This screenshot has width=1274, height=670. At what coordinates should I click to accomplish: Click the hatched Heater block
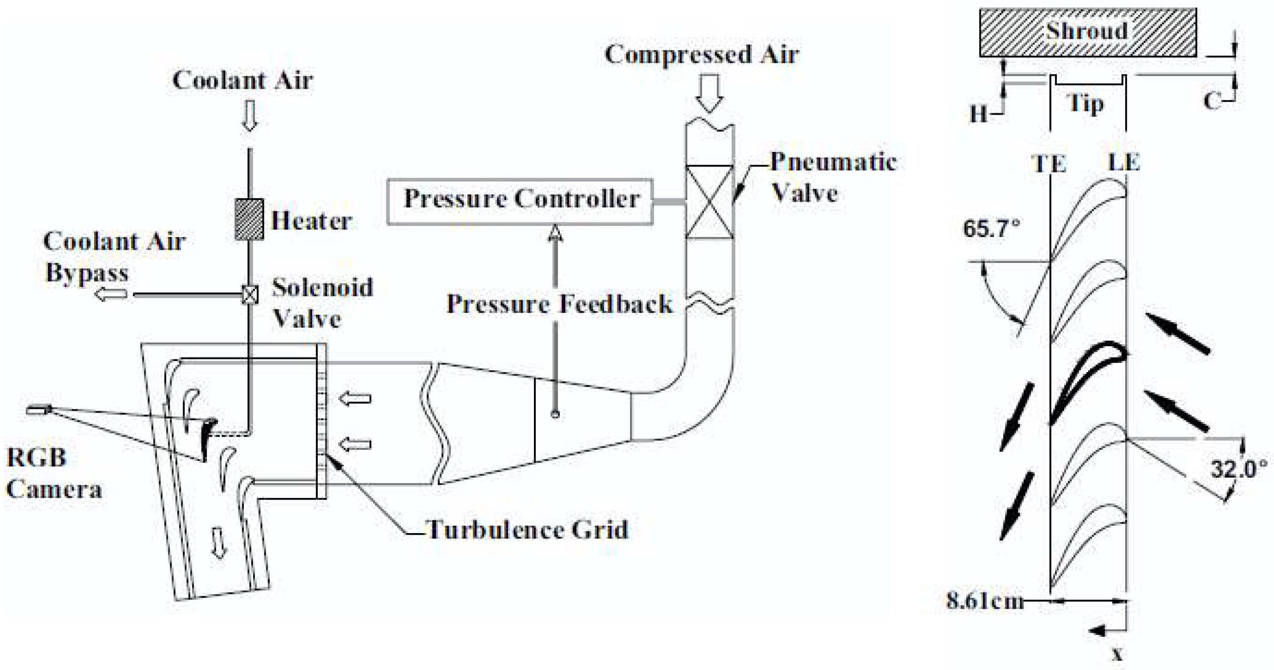(249, 219)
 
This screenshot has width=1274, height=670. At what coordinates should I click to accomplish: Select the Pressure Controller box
(520, 202)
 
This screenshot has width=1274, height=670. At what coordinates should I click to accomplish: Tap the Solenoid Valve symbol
(250, 295)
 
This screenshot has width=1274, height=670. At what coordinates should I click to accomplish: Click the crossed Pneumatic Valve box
(710, 202)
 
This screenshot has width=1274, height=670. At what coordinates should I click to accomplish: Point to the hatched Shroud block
(1087, 33)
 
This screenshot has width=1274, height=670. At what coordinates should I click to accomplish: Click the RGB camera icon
(39, 410)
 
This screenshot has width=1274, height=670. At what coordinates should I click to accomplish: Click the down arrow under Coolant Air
(250, 116)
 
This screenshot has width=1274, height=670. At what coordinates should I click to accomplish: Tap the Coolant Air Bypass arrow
(111, 295)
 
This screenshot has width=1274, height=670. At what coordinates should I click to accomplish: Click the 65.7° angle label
(991, 229)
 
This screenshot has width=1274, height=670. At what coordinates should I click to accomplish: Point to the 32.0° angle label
(1238, 468)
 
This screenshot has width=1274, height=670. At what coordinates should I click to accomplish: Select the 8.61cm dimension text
(984, 601)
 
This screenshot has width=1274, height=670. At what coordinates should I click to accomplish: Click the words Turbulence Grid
(527, 529)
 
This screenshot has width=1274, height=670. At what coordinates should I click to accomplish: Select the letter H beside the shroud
(978, 115)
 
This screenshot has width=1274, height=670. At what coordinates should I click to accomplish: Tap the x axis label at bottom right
(1118, 655)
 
